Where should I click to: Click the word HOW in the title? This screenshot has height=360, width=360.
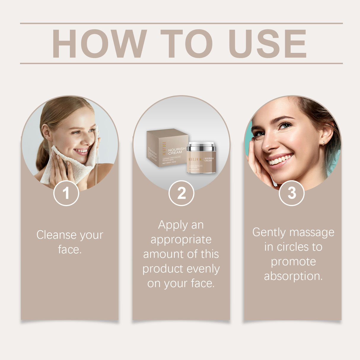click(x=99, y=44)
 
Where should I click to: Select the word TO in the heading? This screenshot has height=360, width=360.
click(x=186, y=44)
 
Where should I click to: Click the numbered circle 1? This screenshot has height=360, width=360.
click(x=66, y=193)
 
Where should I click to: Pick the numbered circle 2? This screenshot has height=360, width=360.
click(x=181, y=193)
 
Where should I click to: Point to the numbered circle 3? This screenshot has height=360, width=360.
click(x=292, y=193)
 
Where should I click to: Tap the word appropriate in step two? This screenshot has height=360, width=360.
click(x=181, y=240)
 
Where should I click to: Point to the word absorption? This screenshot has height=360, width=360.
click(x=293, y=276)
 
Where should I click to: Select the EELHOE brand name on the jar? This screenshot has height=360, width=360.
click(x=195, y=160)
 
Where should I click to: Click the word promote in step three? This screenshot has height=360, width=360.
click(x=293, y=262)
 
